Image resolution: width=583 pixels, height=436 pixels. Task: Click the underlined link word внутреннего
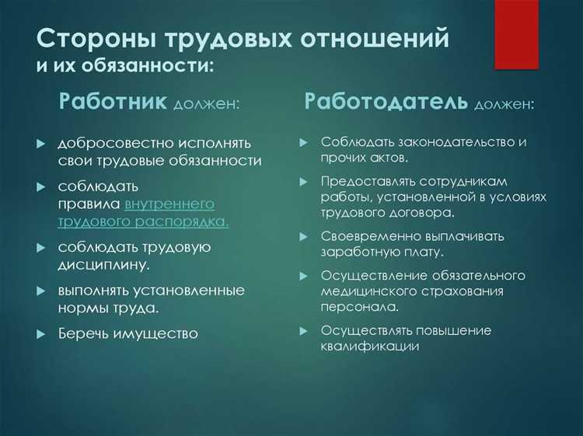click(169, 204)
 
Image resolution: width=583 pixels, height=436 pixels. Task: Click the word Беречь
click(82, 333)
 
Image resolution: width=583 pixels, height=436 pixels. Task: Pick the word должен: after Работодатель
click(504, 104)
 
